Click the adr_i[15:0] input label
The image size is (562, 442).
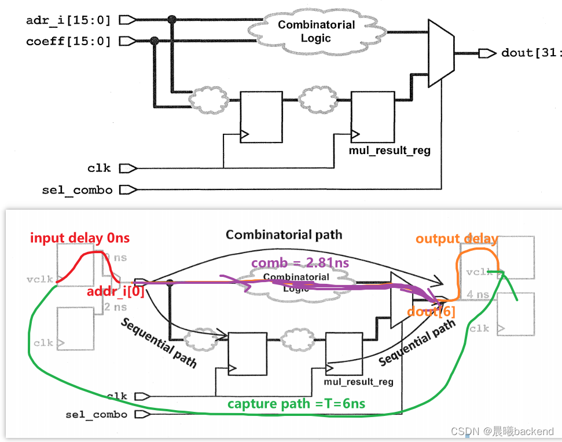(68, 20)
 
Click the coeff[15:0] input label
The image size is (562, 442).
(68, 42)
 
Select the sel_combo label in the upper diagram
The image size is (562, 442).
(77, 189)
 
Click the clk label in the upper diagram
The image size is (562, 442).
(98, 168)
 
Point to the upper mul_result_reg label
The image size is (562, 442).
(390, 151)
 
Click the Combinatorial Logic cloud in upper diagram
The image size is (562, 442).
(316, 31)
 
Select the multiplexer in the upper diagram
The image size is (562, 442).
(440, 52)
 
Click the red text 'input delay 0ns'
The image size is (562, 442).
(80, 238)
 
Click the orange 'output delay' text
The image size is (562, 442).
(457, 239)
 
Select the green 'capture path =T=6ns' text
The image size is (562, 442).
(296, 404)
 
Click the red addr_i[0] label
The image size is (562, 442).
(116, 292)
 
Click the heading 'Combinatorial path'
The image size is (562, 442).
(284, 235)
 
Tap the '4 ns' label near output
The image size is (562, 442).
(478, 294)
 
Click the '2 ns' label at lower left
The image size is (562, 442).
(115, 306)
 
